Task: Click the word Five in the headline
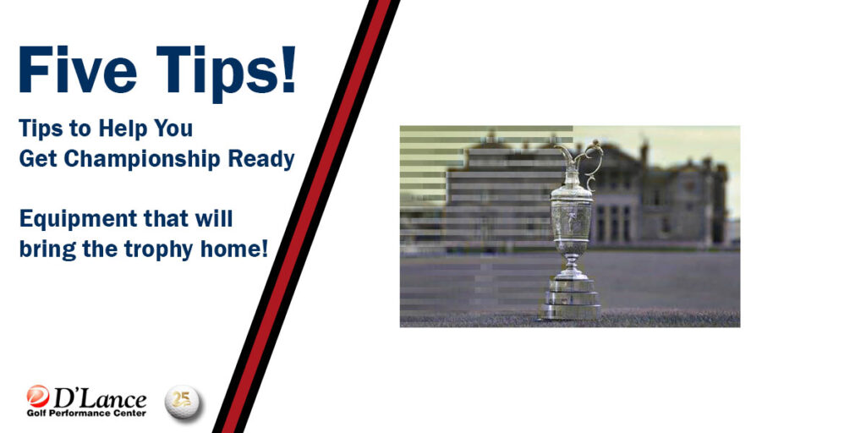coord(78,70)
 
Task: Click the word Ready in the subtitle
coord(261,160)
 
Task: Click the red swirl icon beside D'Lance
coord(38,396)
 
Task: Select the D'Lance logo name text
coord(100,398)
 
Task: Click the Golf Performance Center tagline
coord(87,413)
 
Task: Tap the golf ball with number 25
coord(183,402)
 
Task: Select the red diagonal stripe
coord(306,216)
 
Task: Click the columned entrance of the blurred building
coord(612,223)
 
